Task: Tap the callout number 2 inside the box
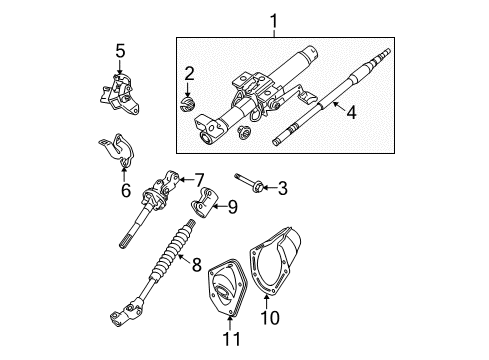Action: tap(188, 72)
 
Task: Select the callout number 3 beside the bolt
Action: tap(283, 186)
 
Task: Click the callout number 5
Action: tap(120, 50)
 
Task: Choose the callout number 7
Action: tap(198, 179)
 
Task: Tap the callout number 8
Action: tap(196, 267)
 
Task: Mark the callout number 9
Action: tap(233, 207)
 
